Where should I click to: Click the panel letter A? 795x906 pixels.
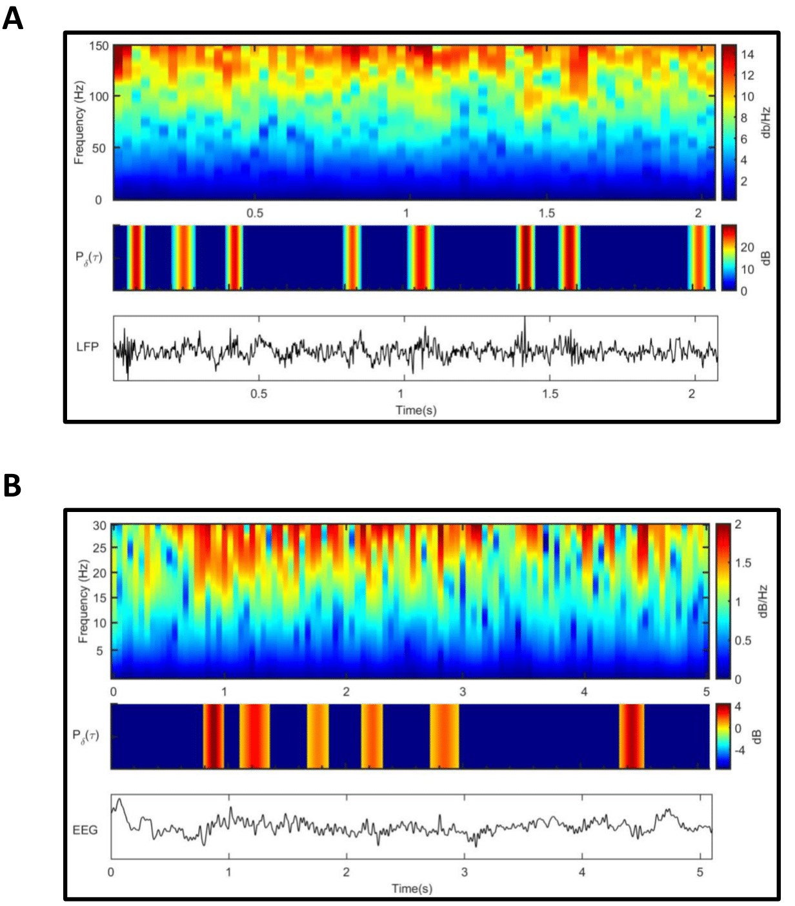[x=12, y=19]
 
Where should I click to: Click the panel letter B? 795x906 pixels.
[x=12, y=486]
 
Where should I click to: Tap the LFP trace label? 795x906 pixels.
[x=87, y=346]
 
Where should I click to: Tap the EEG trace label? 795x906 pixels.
[x=85, y=830]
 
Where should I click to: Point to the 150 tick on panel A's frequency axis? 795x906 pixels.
[x=99, y=46]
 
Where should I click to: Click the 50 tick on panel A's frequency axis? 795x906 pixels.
[x=99, y=148]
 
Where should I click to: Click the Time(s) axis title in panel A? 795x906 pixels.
[x=416, y=409]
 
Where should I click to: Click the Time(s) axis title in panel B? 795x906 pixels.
[x=412, y=888]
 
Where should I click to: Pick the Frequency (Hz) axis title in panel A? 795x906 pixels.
[x=79, y=123]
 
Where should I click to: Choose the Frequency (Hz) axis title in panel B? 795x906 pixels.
[x=83, y=601]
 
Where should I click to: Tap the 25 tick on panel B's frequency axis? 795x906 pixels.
[x=99, y=548]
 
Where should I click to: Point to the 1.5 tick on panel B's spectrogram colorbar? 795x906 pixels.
[x=743, y=563]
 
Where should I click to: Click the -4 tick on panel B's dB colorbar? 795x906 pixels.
[x=740, y=750]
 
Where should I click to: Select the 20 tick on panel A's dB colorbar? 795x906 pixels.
[x=747, y=247]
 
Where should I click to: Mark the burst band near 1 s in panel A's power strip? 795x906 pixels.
[x=420, y=257]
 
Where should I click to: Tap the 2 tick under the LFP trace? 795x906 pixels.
[x=692, y=393]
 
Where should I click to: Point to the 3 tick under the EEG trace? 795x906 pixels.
[x=464, y=872]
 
